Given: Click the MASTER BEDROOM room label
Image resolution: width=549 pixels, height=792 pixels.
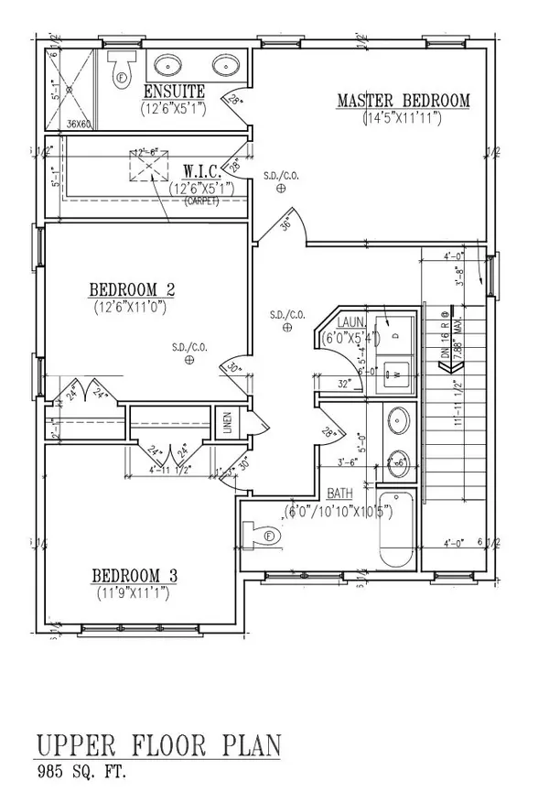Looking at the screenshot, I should tap(403, 100).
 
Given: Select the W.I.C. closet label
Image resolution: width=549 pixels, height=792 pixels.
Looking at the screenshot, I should tap(199, 171).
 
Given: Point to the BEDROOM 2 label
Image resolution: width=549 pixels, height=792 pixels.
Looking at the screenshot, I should tap(131, 290).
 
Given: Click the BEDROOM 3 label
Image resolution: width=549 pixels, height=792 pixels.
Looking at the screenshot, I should tap(134, 576).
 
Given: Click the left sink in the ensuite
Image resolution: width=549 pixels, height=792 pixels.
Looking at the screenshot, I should tap(168, 66).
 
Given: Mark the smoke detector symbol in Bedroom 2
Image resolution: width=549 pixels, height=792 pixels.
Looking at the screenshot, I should tap(189, 361).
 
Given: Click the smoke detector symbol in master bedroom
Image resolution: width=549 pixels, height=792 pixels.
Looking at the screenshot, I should tap(282, 188).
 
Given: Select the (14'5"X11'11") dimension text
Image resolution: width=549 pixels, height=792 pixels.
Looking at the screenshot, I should tap(403, 117).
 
